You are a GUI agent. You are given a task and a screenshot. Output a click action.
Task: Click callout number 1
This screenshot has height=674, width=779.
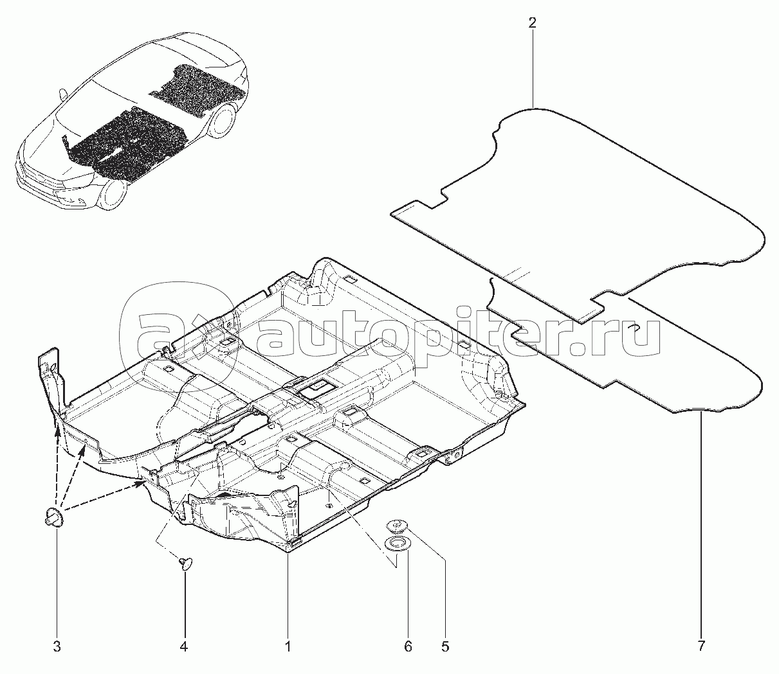(x=288, y=647)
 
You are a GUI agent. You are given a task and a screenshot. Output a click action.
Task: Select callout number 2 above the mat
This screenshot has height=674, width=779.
(x=532, y=23)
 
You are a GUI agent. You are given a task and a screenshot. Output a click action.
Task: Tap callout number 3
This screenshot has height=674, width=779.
(x=57, y=647)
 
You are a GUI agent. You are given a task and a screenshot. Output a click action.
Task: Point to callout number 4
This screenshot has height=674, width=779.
(x=184, y=647)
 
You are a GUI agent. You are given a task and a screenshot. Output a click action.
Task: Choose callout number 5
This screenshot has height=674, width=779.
(x=445, y=647)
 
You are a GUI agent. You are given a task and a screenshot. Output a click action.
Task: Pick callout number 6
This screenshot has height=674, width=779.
(x=408, y=647)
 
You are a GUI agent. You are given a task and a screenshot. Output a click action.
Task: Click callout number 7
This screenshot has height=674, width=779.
(x=701, y=647)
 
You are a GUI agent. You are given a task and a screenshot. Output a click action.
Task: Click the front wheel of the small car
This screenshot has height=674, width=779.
(x=115, y=195)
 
